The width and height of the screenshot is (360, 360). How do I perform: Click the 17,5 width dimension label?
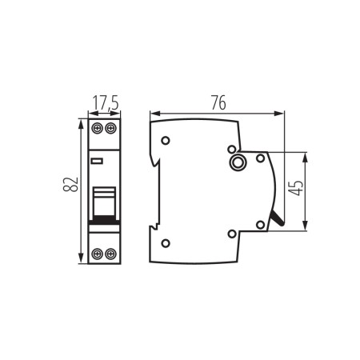[105, 103]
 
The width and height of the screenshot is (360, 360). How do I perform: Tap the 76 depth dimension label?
[218, 102]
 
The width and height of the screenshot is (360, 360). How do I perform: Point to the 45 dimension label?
[296, 190]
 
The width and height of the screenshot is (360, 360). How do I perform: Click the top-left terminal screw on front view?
[98, 128]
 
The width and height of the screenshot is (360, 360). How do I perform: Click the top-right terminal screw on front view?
[111, 128]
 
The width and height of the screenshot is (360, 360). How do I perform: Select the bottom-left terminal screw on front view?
[98, 254]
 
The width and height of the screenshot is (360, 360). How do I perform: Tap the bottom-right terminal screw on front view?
[111, 254]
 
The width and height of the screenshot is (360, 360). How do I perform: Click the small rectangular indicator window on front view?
[97, 161]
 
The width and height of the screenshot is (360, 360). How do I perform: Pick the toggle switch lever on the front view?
[104, 201]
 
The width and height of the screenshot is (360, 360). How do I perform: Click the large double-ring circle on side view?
[238, 163]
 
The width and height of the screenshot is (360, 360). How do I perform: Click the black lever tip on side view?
[278, 218]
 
